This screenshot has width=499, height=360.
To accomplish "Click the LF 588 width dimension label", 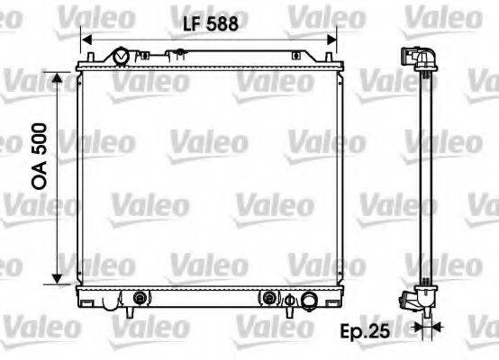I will pos(206,25).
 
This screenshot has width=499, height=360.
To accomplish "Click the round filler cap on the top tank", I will pos(121,58).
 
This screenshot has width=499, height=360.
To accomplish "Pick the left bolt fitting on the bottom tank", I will pos(139,297).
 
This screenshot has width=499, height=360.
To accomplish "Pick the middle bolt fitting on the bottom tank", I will pos(268,297).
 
